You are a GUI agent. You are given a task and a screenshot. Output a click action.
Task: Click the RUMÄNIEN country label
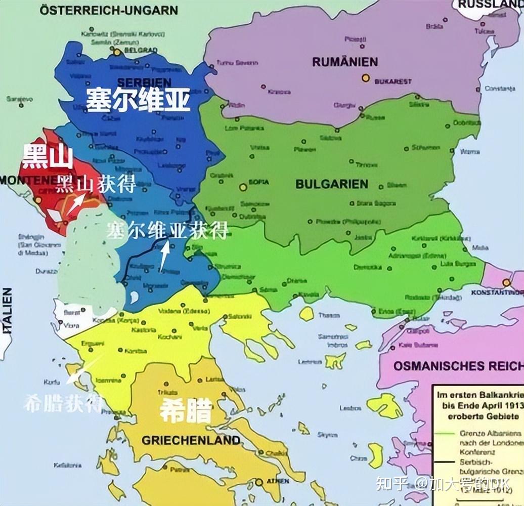point(344,62)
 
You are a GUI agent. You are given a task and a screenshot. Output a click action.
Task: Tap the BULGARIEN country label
point(331,184)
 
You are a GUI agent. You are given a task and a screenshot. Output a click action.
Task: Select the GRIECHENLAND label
point(191,440)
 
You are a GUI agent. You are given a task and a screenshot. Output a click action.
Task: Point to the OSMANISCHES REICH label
point(458,365)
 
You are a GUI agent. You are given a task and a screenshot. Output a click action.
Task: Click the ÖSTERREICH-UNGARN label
point(109,10)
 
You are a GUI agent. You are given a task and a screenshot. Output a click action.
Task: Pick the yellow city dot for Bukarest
point(365,78)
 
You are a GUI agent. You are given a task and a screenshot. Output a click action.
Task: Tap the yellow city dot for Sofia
point(243,187)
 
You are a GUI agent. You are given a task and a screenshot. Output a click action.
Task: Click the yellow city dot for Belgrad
point(117,52)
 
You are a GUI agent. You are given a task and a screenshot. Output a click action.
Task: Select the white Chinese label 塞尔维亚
point(138,100)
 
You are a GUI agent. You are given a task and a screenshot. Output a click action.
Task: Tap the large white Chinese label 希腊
point(186,410)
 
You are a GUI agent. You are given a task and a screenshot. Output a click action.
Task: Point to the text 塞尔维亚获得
point(167,230)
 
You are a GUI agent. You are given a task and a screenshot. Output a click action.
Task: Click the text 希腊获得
point(63,403)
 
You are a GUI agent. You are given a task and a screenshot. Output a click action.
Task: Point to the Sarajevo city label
point(19,99)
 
